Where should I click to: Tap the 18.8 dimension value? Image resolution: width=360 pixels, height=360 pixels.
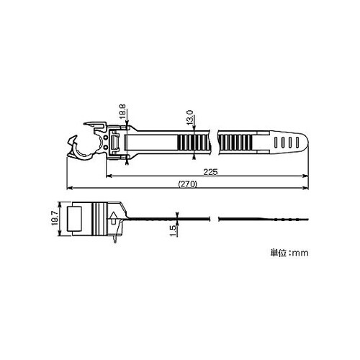[x=122, y=112]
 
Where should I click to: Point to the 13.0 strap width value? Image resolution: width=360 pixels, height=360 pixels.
[x=189, y=117]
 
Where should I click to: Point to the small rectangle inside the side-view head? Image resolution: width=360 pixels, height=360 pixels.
[x=76, y=219]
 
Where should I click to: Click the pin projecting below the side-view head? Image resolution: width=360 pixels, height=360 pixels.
[x=116, y=240]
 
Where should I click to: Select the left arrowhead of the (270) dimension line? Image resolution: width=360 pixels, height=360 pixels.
[x=70, y=189]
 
